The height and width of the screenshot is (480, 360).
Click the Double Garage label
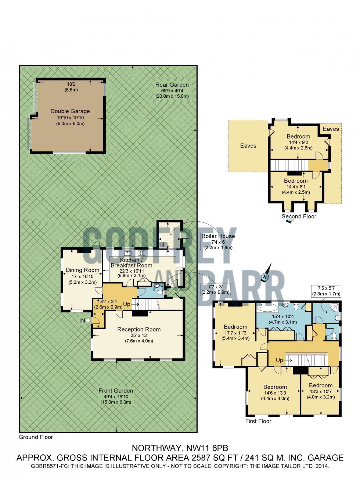pos(70,111)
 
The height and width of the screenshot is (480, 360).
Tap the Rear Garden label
pos(172,85)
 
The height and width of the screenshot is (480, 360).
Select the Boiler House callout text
pos(218,236)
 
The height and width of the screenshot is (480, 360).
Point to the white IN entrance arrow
pos(88,320)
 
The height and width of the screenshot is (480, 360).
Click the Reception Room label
pos(139,330)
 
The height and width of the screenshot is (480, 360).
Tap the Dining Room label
pos(83,270)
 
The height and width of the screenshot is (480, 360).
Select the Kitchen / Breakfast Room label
pos(132,263)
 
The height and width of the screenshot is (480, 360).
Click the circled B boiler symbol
pos(163,245)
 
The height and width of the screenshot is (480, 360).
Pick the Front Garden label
pos(116,391)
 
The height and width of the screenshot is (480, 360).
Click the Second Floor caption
pos(299,216)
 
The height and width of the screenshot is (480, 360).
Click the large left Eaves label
pos(248,146)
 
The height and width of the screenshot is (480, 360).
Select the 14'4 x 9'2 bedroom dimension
pos(298,142)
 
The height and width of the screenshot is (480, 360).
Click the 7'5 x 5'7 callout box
pos(326,291)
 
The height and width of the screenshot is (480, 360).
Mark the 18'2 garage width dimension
pos(71,84)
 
